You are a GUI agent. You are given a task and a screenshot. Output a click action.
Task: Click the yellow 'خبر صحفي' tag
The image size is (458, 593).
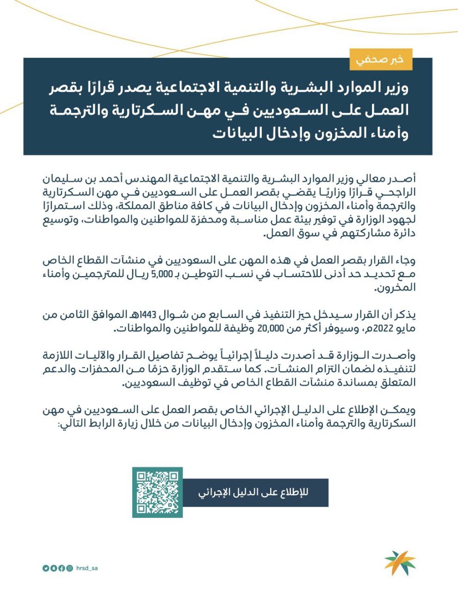pos(381,59)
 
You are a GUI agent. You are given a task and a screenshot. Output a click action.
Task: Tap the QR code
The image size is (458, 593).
pos(158,492)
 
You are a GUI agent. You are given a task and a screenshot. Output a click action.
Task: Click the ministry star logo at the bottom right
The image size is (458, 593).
pos(400,562)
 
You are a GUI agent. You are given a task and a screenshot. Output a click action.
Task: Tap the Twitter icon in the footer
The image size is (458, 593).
pos(45,568)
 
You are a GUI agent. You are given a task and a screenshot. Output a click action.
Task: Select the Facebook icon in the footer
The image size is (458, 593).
pos(62,568)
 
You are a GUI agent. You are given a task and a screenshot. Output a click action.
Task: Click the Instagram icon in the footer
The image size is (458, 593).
pos(70,568)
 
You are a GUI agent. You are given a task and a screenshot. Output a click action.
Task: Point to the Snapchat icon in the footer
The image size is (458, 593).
pos(54,568)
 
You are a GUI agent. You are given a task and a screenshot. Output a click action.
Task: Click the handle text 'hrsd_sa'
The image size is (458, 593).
pos(87,568)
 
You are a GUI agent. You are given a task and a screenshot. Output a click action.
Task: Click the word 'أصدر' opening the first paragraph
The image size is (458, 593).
pos(404,178)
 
